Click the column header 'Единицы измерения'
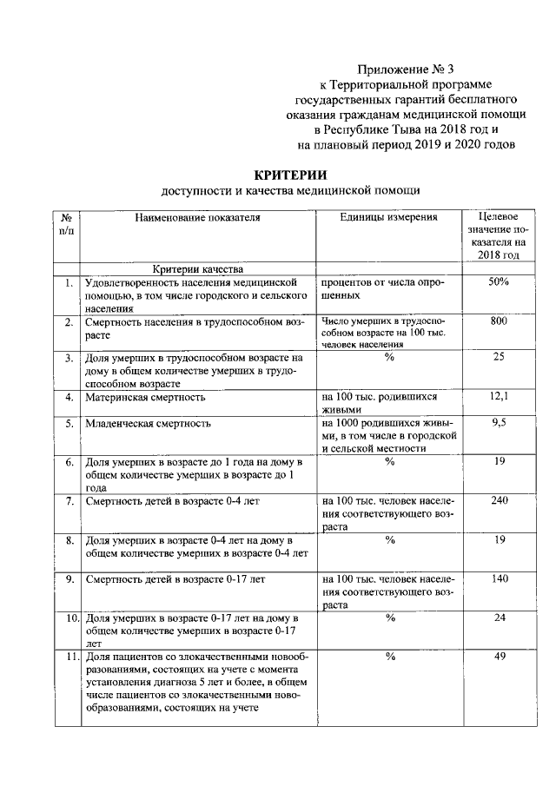click(x=388, y=217)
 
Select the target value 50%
click(x=499, y=282)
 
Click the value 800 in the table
click(x=499, y=321)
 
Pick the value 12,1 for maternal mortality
click(x=499, y=396)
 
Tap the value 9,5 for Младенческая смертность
click(x=499, y=422)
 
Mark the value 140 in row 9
click(x=499, y=578)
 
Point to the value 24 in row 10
click(x=500, y=618)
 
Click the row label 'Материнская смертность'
click(x=145, y=398)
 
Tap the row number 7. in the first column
click(x=68, y=501)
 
